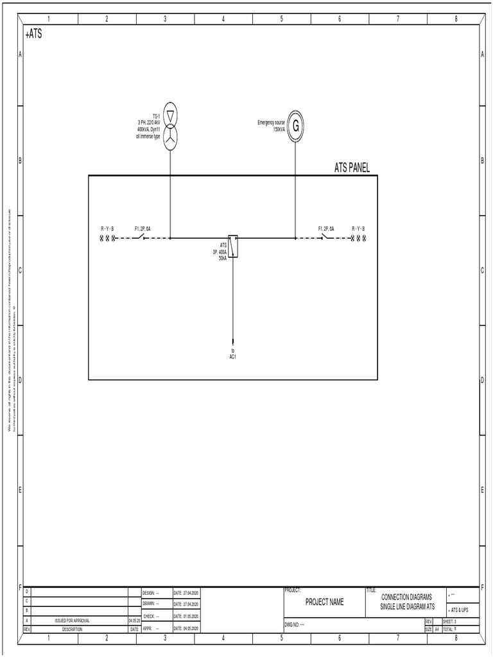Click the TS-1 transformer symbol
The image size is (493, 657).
pos(169,126)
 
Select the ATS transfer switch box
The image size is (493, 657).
pos(234,246)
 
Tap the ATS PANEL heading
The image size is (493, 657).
pos(352,168)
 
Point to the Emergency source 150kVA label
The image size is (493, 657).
pos(271,125)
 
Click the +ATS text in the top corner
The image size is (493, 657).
pos(33,33)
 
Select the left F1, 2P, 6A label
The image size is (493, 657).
pos(143,229)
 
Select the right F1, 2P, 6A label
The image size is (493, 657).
pos(326,229)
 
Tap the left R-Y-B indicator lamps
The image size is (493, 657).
pos(107,238)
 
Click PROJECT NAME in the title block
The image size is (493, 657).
pos(324,602)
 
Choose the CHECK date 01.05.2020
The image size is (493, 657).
pos(186,616)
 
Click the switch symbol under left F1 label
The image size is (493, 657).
pos(143,238)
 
